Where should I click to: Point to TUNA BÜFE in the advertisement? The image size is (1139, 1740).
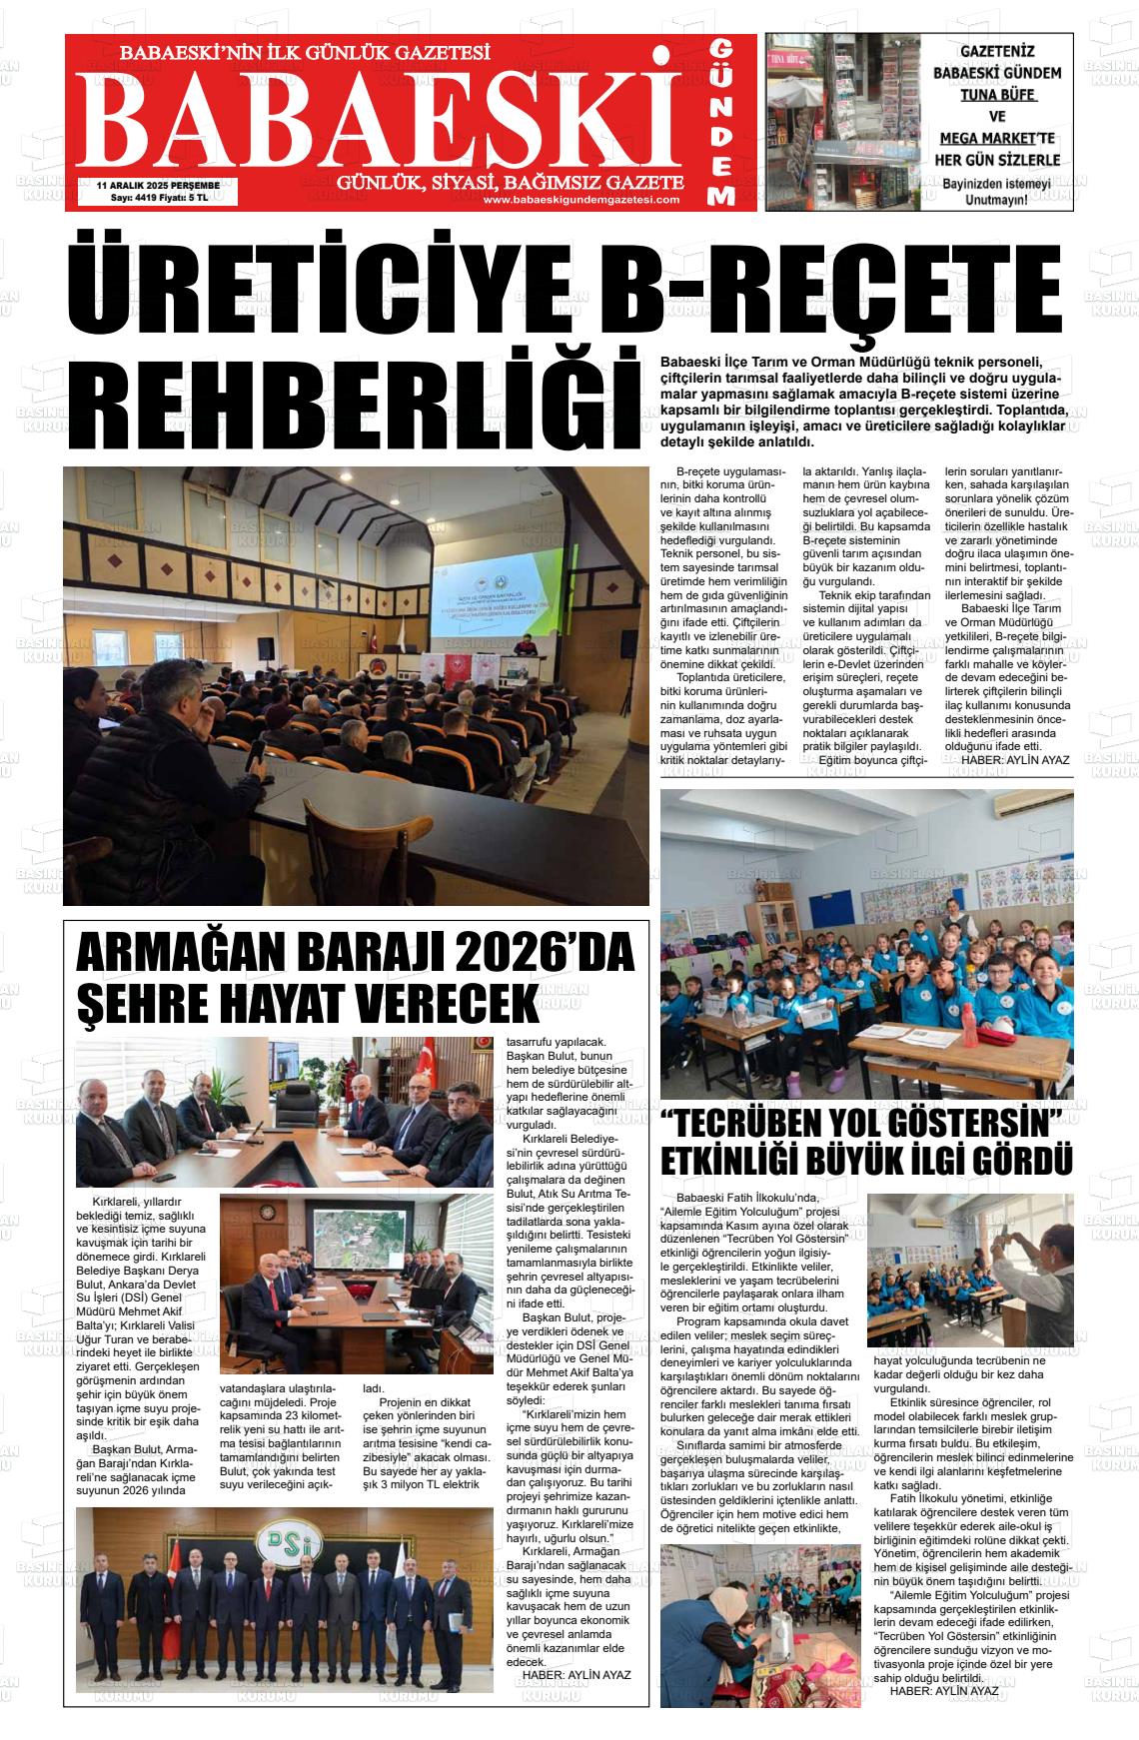tap(997, 96)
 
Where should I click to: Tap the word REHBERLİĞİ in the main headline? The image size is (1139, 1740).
tap(352, 398)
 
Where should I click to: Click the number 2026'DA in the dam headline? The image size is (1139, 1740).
tap(546, 954)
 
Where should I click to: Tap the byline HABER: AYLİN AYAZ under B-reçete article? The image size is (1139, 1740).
tap(1014, 760)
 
